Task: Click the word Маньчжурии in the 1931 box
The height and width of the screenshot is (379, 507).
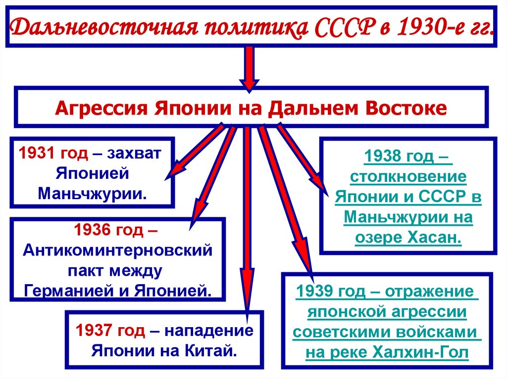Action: pyautogui.click(x=93, y=192)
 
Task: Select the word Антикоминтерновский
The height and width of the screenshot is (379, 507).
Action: pyautogui.click(x=117, y=250)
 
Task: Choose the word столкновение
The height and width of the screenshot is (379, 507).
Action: pyautogui.click(x=408, y=176)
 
